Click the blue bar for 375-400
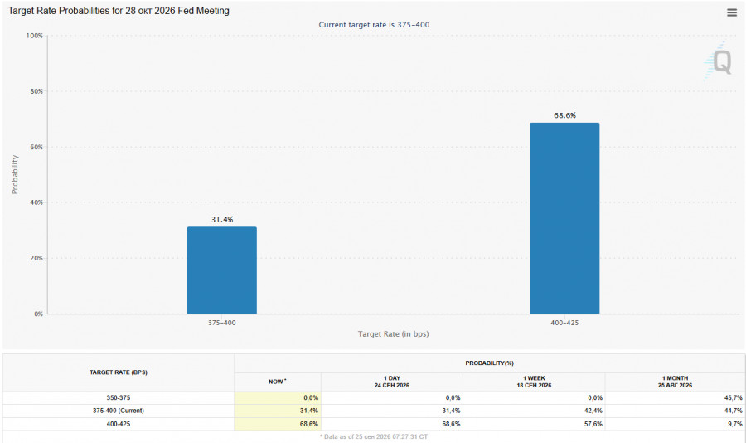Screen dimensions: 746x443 click(x=221, y=270)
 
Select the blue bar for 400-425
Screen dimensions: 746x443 click(x=564, y=218)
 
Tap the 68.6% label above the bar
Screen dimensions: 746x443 click(x=564, y=115)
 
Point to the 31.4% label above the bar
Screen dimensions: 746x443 click(x=222, y=219)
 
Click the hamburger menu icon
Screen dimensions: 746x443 click(x=732, y=13)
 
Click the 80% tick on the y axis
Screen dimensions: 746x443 click(x=36, y=91)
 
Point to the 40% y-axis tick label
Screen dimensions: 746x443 click(x=36, y=202)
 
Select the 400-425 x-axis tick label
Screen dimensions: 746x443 click(x=564, y=323)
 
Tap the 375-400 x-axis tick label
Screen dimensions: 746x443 click(x=221, y=323)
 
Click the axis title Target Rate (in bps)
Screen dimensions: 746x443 click(x=394, y=334)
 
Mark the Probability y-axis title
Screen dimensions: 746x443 click(x=15, y=174)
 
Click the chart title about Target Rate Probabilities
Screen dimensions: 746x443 click(x=119, y=11)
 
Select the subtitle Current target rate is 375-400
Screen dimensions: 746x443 click(x=374, y=25)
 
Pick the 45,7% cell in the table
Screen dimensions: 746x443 click(x=734, y=397)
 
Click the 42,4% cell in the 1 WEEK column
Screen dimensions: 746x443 click(x=593, y=411)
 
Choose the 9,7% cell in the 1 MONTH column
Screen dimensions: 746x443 click(x=735, y=424)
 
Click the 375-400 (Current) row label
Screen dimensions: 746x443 click(x=119, y=411)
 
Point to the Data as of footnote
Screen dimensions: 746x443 click(x=374, y=436)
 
